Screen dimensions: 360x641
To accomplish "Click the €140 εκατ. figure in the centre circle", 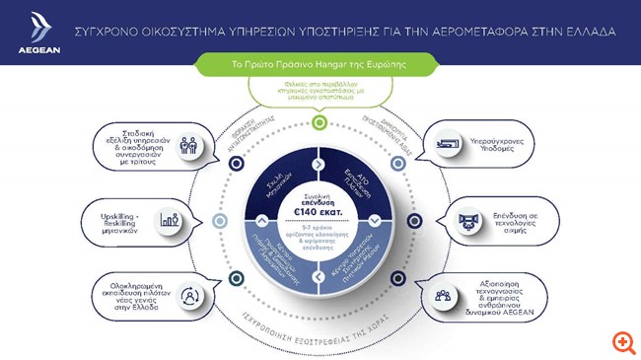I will point(320,210).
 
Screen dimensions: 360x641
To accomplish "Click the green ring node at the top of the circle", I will point(319,122).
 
